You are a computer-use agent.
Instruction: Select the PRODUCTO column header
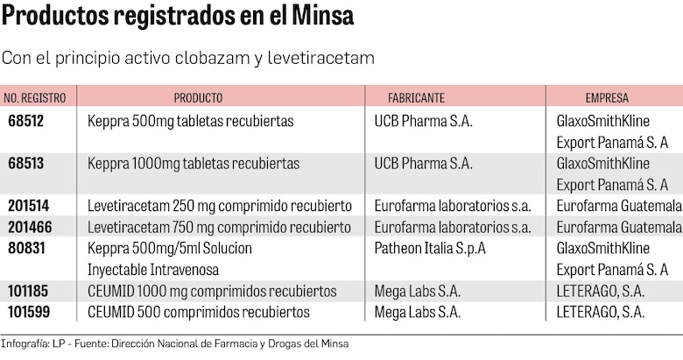pos(198,98)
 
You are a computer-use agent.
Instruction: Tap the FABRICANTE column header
pos(417,98)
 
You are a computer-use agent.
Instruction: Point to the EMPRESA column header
pos(607,98)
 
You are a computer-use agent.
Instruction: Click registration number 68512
pos(26,121)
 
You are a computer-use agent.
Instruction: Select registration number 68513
pos(26,164)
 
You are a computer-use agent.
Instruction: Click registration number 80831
pos(26,249)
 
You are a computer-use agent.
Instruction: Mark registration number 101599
pos(28,313)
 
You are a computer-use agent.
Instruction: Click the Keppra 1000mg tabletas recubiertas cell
pos(194,164)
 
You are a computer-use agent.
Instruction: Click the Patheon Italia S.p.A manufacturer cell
pos(430,249)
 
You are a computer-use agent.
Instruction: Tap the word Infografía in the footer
pos(24,344)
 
